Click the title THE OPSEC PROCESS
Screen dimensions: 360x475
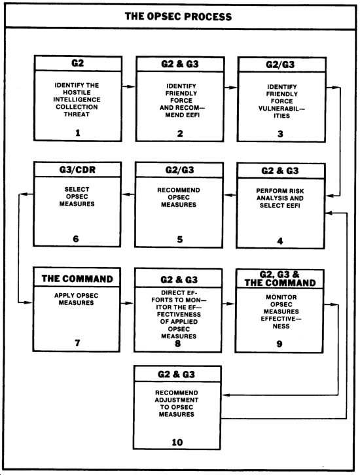pyautogui.click(x=178, y=16)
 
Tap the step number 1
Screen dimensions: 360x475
pyautogui.click(x=78, y=133)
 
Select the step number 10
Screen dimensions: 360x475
pyautogui.click(x=177, y=442)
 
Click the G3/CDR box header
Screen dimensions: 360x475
pyautogui.click(x=77, y=169)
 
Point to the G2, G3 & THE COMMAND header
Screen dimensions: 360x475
pyautogui.click(x=279, y=279)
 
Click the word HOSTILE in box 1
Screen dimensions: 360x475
pyautogui.click(x=77, y=92)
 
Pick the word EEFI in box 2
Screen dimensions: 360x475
pyautogui.click(x=191, y=115)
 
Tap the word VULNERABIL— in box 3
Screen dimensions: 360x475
pyautogui.click(x=281, y=109)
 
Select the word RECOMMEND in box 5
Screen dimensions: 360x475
pyautogui.click(x=179, y=190)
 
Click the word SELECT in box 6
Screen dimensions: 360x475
pyautogui.click(x=77, y=189)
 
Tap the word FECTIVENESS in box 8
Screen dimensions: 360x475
pyautogui.click(x=179, y=315)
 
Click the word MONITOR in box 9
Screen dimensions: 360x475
pyautogui.click(x=281, y=297)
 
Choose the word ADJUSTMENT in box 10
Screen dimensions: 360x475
pyautogui.click(x=177, y=400)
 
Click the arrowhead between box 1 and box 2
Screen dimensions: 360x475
pyautogui.click(x=131, y=86)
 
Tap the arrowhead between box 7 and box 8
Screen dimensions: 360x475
pyautogui.click(x=129, y=303)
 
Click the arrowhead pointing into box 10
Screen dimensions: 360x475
pyautogui.click(x=226, y=395)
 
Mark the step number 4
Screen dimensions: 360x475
pyautogui.click(x=280, y=241)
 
